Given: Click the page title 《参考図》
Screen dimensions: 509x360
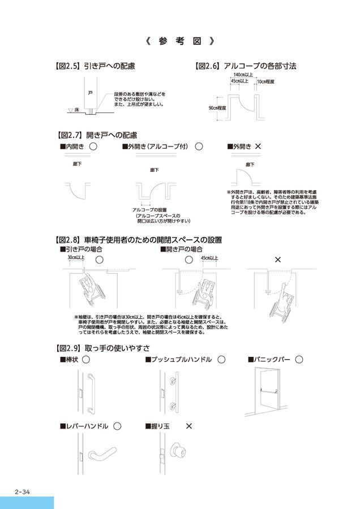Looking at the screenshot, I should [179, 41].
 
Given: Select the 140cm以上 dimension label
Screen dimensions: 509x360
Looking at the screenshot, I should [242, 74].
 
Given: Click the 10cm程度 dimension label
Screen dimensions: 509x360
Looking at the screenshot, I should [265, 82].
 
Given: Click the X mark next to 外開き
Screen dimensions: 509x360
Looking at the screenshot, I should [258, 146].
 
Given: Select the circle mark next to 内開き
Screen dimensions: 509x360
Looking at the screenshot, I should [93, 146].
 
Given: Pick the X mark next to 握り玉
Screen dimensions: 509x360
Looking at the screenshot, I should [189, 425].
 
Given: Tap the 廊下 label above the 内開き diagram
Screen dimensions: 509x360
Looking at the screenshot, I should [78, 164].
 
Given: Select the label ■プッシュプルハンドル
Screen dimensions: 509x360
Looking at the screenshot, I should [178, 359].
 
